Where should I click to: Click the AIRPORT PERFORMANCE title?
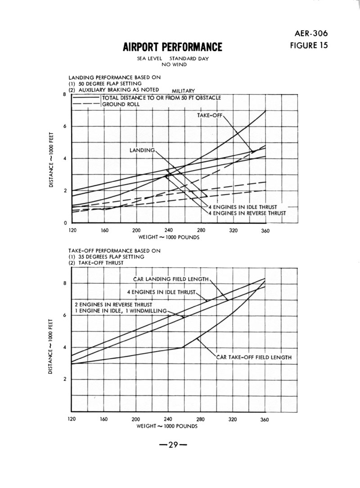click(172, 47)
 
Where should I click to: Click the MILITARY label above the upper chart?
click(183, 91)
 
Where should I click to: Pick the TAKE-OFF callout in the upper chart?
click(210, 116)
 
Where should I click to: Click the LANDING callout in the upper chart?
click(142, 150)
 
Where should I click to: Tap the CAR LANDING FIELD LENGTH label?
click(171, 279)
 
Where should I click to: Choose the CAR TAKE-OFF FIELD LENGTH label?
click(254, 358)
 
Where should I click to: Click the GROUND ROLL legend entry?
click(121, 104)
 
